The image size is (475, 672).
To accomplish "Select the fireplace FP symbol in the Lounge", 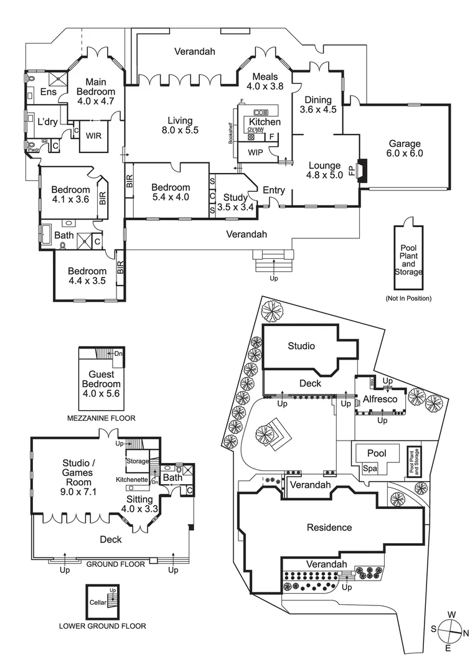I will (352, 170).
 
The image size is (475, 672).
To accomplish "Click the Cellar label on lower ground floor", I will (98, 602).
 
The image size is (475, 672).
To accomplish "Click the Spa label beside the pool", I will (370, 469).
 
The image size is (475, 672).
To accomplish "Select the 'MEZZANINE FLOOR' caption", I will (101, 418).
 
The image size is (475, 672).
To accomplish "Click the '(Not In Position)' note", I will (408, 298).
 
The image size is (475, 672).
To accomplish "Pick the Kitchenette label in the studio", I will (131, 480).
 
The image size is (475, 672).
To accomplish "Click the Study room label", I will (235, 203).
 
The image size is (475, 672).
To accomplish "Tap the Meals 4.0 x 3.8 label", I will (265, 82).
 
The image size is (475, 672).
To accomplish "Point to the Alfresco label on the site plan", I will (380, 399).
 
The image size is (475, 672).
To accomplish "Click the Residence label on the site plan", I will (329, 528).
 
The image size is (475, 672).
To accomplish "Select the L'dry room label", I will (48, 121).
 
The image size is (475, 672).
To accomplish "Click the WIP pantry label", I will (255, 152).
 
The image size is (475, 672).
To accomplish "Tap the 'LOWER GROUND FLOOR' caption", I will (102, 626).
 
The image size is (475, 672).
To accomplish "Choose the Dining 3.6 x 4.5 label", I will (317, 105).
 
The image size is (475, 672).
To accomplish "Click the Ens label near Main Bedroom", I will (48, 92).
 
